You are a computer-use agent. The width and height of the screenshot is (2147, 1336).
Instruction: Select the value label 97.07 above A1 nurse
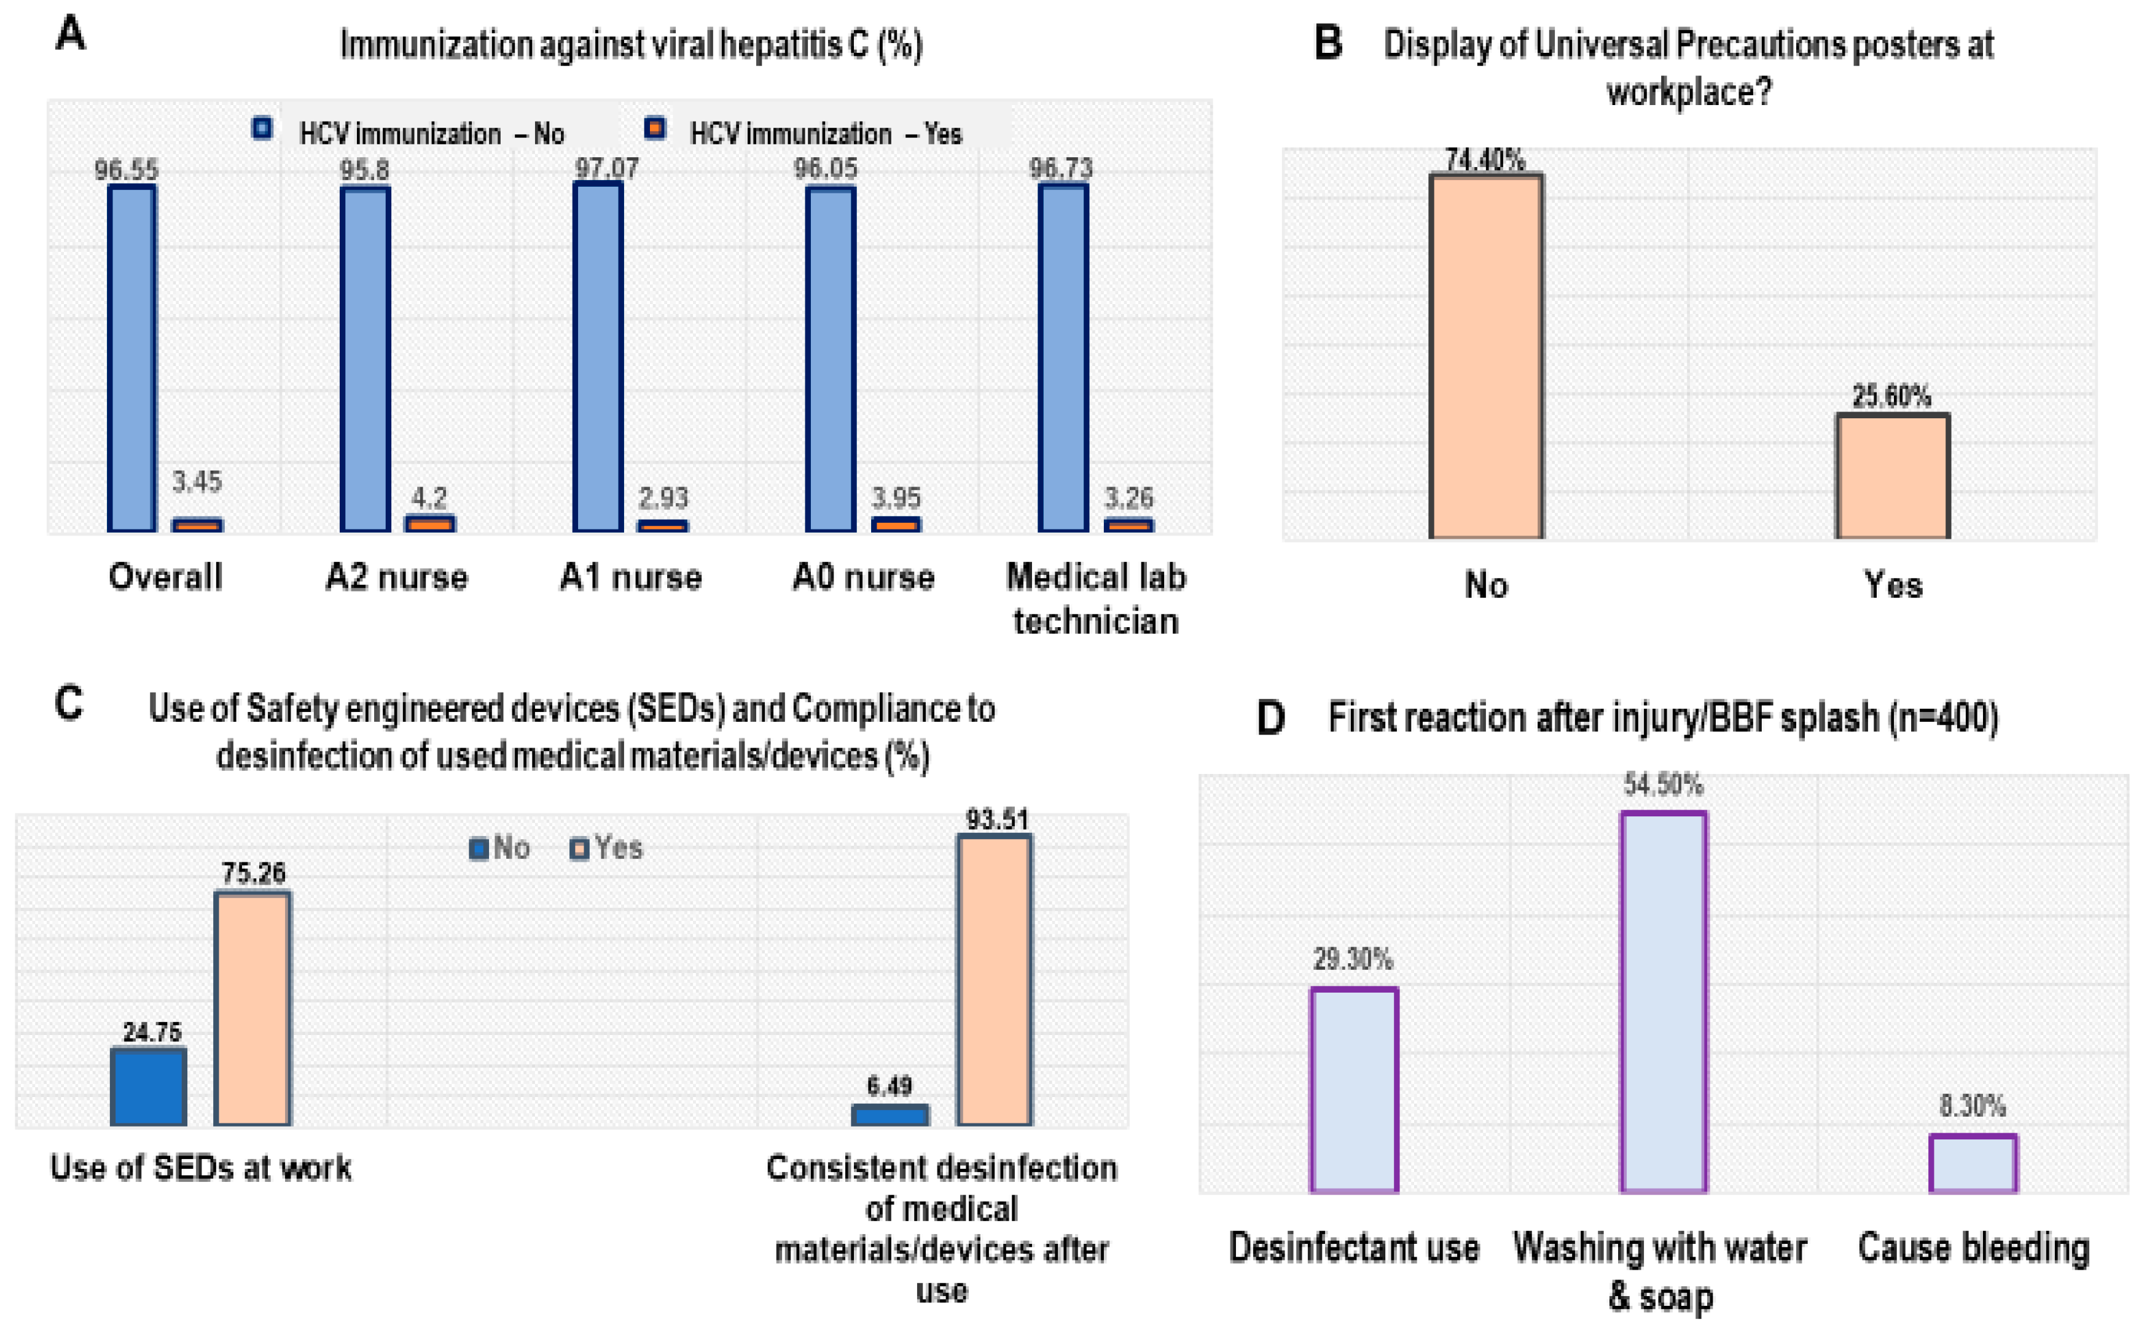pos(606,168)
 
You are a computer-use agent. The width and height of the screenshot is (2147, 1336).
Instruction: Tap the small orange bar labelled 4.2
pos(430,523)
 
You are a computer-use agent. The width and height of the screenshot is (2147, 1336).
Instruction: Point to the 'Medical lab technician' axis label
pos(1095,598)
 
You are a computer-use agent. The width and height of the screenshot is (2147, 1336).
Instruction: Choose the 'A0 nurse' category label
pos(863,577)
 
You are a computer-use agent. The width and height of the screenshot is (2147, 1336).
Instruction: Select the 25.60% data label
pos(1891,396)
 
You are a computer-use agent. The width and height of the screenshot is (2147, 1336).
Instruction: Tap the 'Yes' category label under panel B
pos(1893,585)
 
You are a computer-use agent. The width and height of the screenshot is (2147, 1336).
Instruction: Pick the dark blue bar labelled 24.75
pos(149,1086)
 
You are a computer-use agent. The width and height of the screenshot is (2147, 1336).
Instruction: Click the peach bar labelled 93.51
pos(995,979)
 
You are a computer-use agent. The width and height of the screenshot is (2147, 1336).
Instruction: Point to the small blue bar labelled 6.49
pos(890,1114)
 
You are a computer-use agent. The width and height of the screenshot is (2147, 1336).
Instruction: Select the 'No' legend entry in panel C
pos(499,848)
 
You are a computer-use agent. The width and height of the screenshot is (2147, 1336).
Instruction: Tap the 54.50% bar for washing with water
pos(1663,1001)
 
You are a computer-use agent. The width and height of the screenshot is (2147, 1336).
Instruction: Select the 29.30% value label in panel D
pos(1353,959)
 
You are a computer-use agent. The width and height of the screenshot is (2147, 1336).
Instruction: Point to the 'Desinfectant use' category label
pos(1353,1247)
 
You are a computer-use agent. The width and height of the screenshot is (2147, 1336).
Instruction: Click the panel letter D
pos(1270,717)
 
